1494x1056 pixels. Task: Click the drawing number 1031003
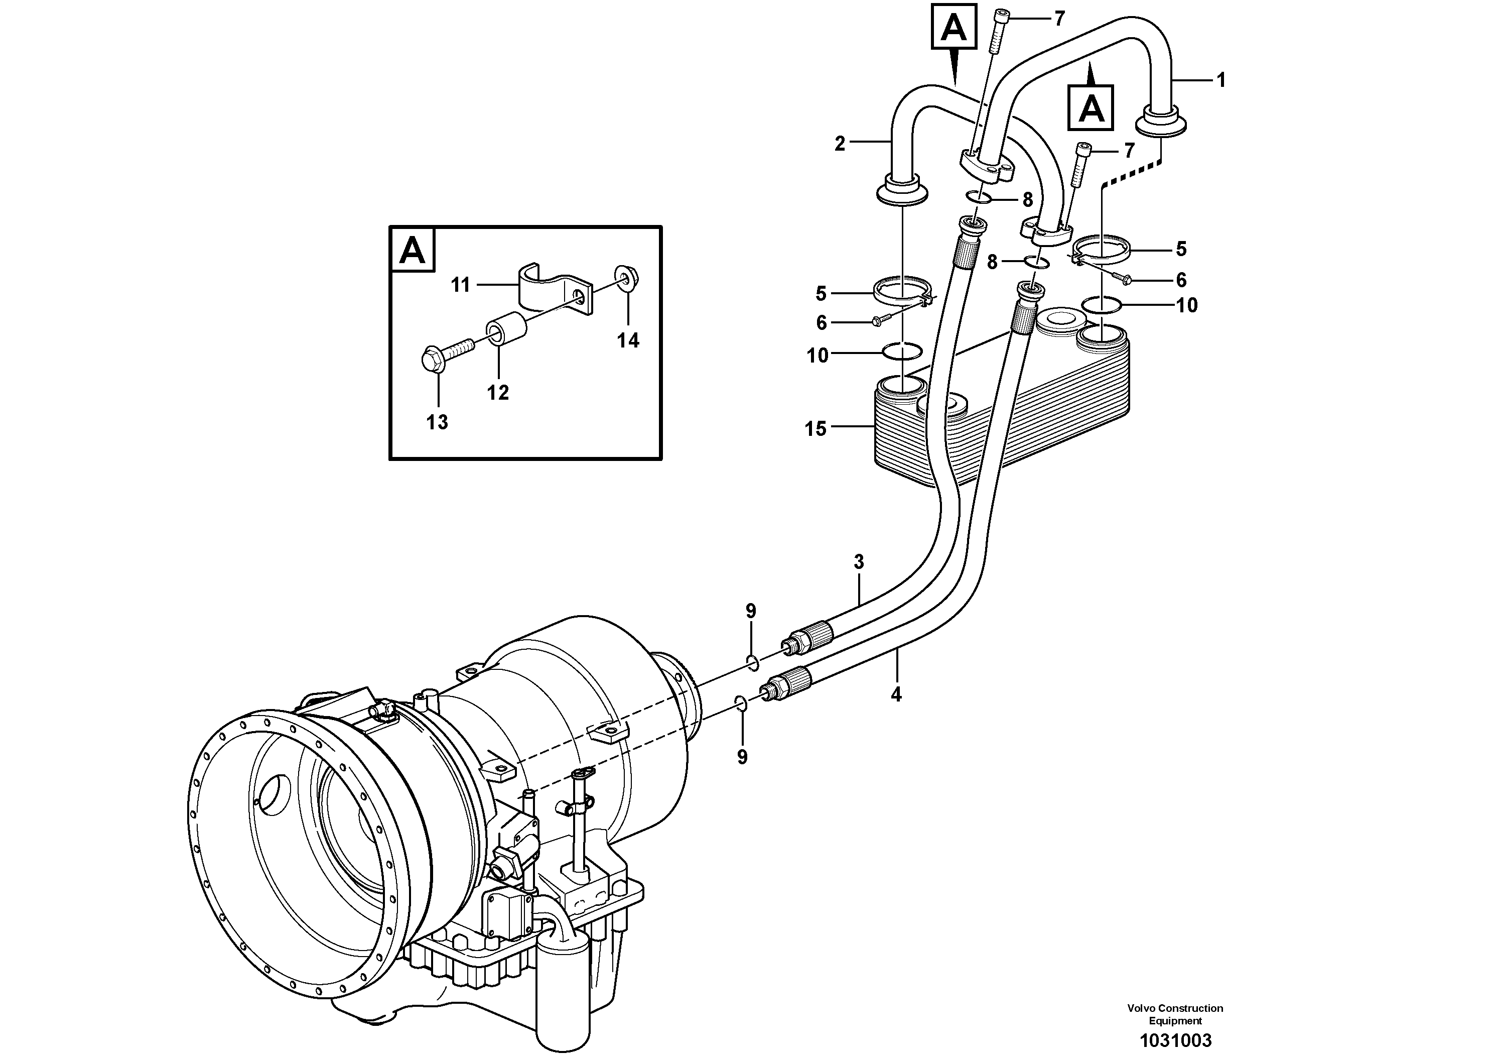(1175, 1040)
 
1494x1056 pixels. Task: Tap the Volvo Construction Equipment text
(1175, 1014)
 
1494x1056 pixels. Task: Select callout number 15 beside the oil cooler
(816, 429)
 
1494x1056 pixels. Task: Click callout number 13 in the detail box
(437, 422)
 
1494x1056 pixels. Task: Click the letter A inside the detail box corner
(412, 250)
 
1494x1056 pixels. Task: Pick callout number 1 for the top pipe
(1220, 81)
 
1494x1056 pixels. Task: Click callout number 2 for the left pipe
(840, 144)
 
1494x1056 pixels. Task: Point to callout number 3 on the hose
(859, 561)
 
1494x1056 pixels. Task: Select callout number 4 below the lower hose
(896, 694)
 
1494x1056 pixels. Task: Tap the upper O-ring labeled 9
(752, 663)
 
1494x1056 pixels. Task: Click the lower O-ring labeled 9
(741, 702)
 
